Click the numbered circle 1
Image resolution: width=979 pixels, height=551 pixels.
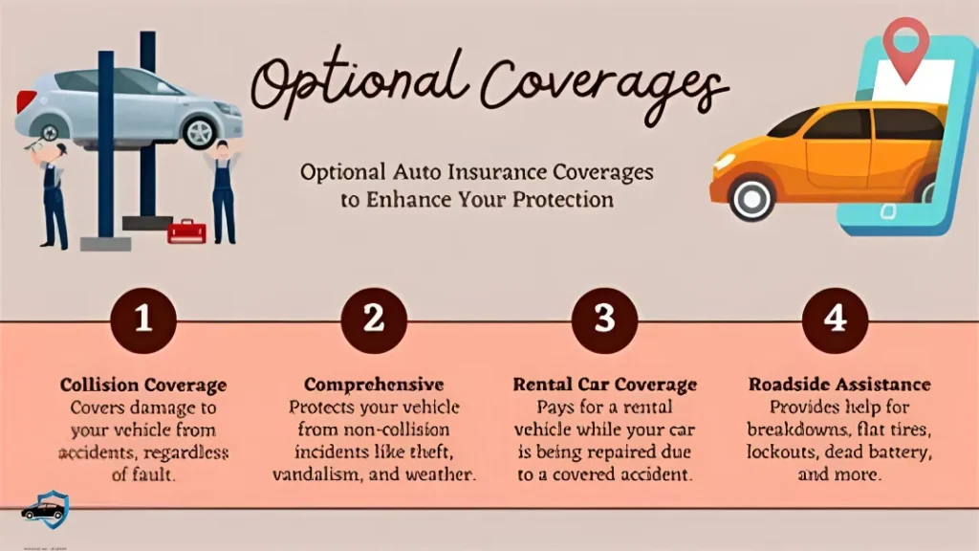[142, 320]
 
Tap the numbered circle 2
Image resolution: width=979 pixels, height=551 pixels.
[374, 320]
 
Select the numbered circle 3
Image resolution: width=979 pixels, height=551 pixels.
[604, 320]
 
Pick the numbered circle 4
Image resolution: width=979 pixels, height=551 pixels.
[836, 320]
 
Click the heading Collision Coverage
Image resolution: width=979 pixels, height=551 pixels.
[143, 386]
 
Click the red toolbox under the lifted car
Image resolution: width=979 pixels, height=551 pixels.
[186, 231]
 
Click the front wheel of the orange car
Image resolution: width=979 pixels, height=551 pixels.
[751, 198]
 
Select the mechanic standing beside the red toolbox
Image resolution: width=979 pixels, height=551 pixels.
[223, 191]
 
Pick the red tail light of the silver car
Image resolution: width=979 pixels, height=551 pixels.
[27, 100]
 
